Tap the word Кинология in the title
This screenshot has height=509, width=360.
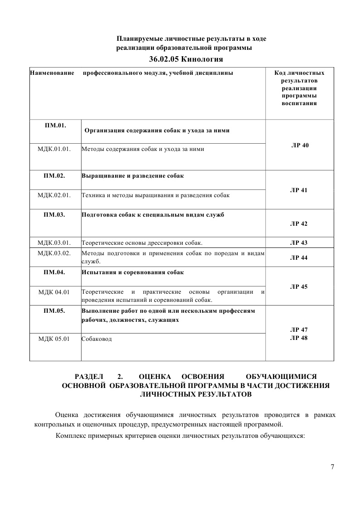[x=202, y=59]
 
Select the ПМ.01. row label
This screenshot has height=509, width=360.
[x=55, y=125]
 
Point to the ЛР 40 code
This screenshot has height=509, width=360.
[x=299, y=145]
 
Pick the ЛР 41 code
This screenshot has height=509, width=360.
[x=299, y=190]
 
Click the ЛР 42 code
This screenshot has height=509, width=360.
[x=299, y=224]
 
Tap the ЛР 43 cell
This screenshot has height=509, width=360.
[x=299, y=243]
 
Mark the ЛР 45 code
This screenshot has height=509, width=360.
[x=299, y=287]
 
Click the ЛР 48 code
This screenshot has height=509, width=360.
[x=299, y=338]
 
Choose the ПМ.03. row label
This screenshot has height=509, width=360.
[x=55, y=215]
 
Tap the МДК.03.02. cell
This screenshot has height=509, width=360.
[x=55, y=253]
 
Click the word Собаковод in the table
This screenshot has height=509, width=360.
[x=97, y=339]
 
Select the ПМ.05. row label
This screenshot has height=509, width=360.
[x=55, y=311]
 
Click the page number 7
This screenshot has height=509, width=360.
[x=332, y=467]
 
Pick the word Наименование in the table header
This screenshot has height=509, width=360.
[x=52, y=73]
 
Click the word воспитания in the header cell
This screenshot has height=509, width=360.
[x=299, y=103]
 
